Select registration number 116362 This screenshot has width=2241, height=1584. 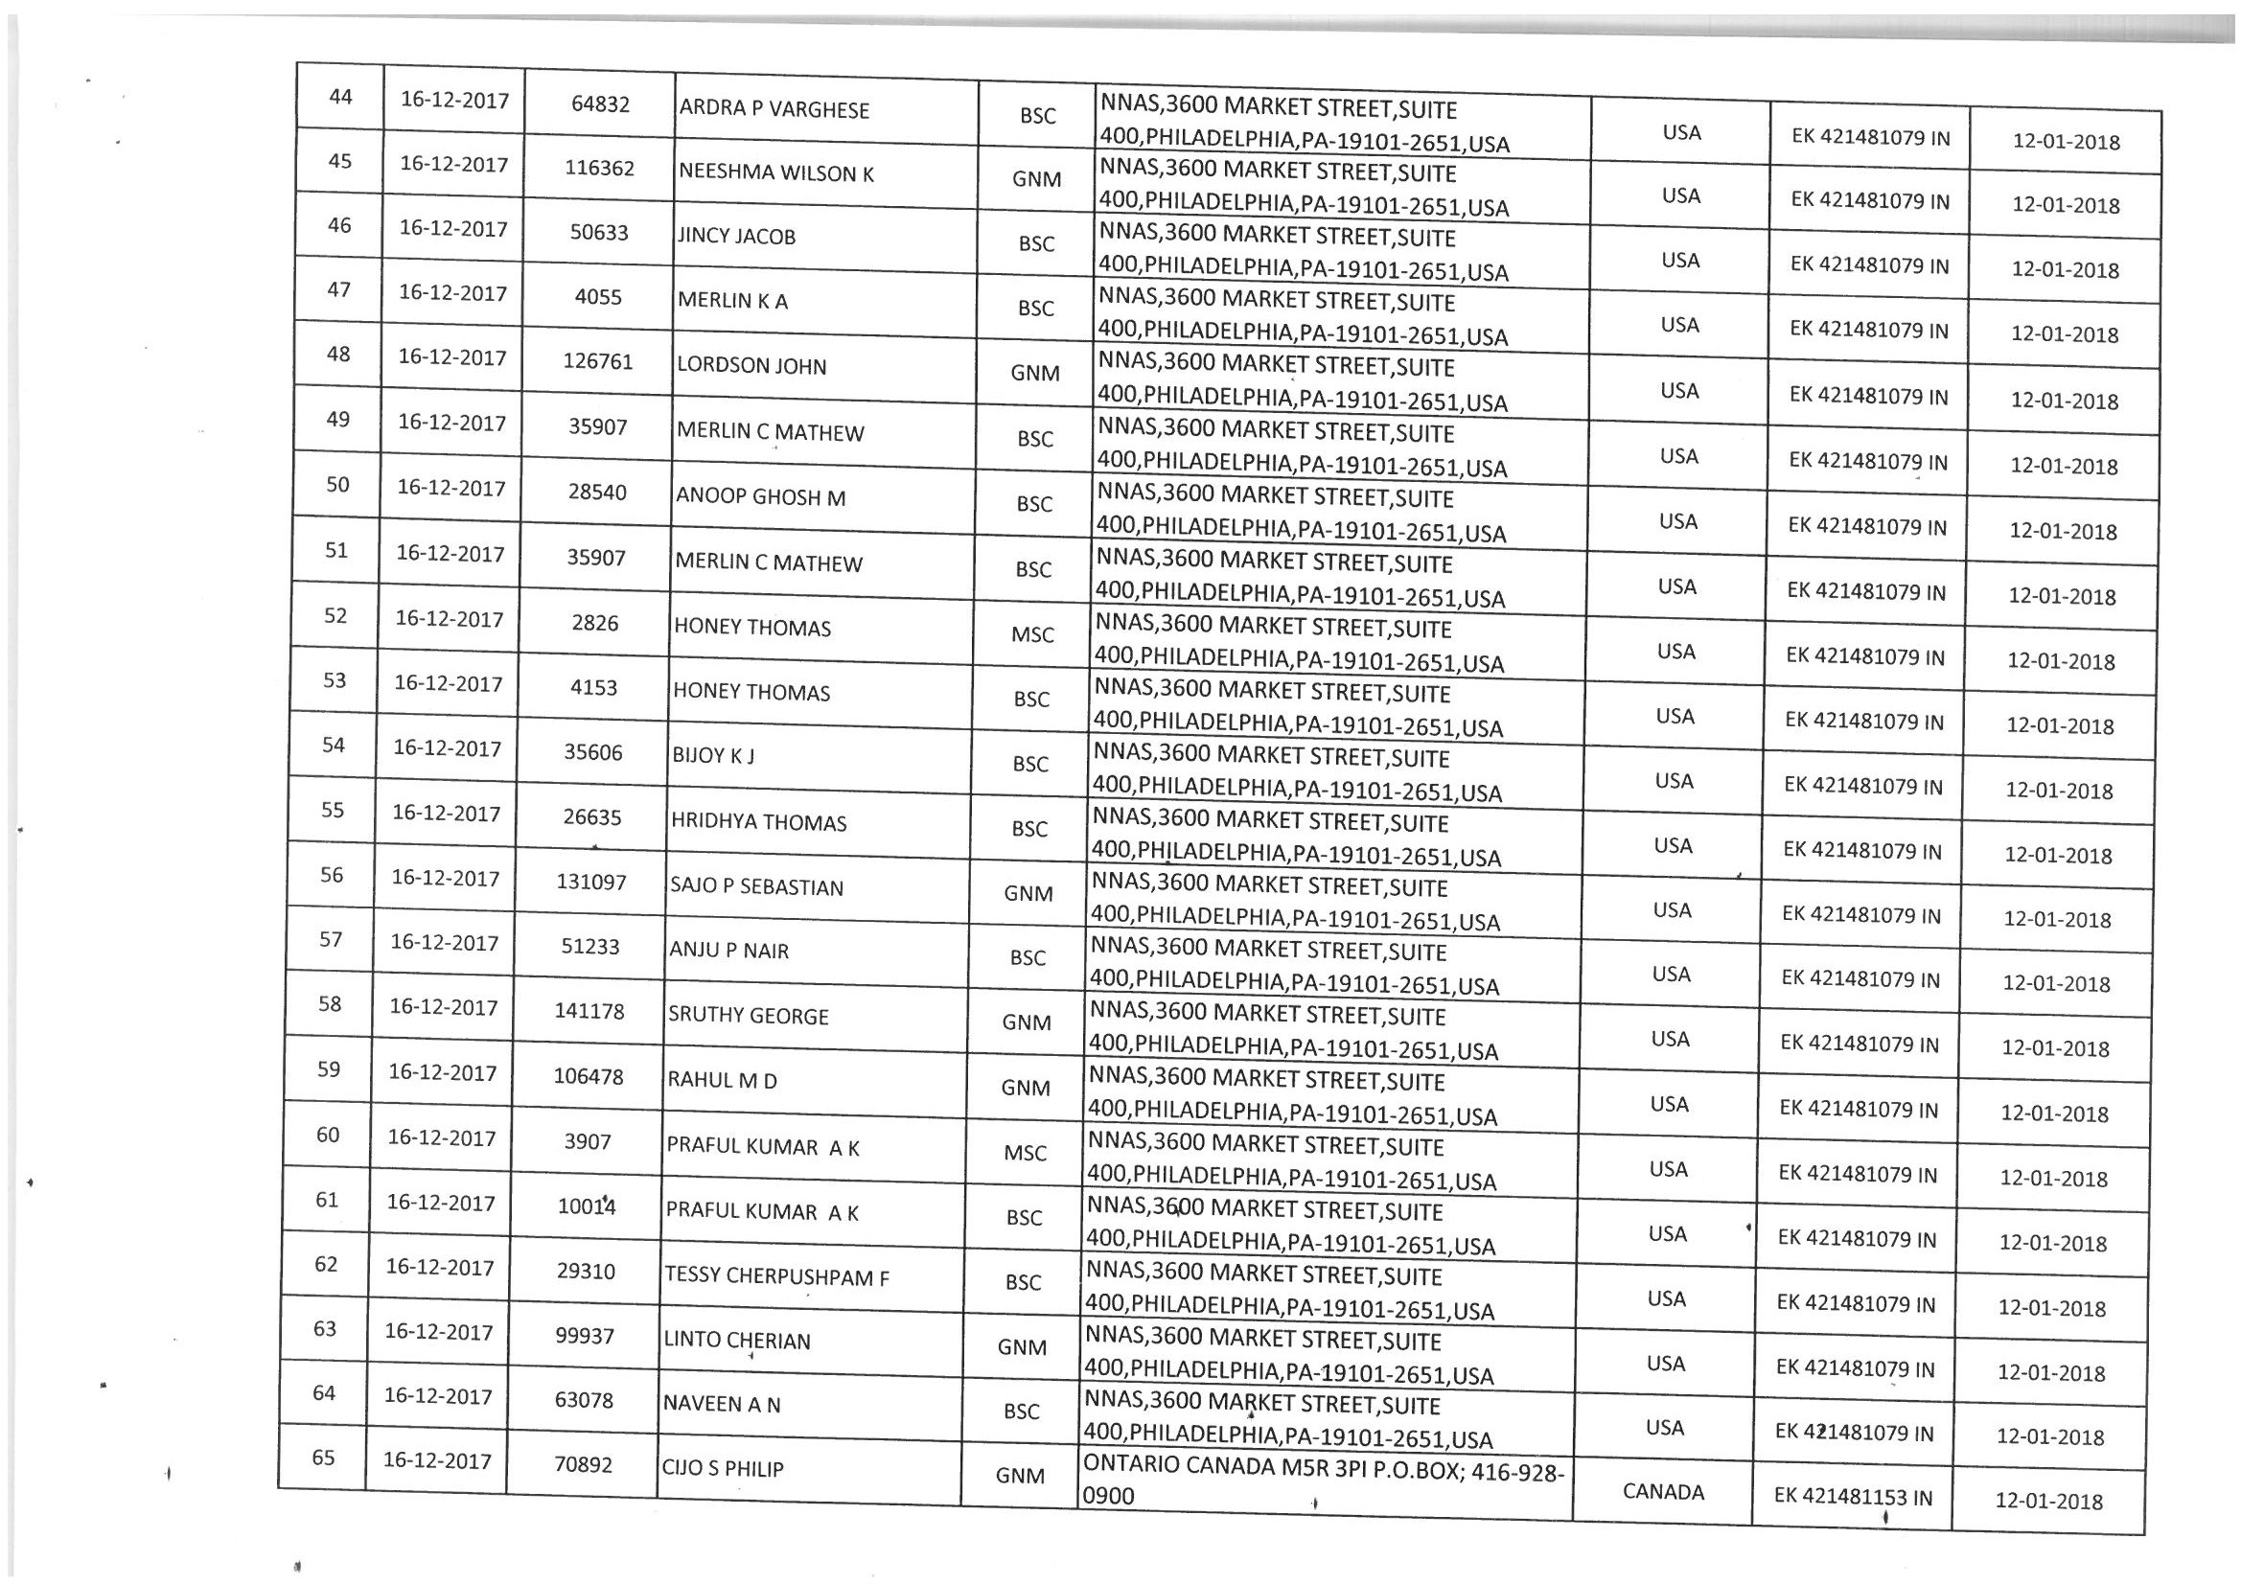point(598,168)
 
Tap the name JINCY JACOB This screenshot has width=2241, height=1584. point(736,237)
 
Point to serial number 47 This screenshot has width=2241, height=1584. point(338,289)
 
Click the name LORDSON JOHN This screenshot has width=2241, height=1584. point(751,367)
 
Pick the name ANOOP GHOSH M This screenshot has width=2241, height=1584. point(760,496)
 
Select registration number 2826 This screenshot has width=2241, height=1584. point(594,623)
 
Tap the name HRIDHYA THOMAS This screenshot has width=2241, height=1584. point(758,823)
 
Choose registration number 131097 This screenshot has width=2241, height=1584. point(590,883)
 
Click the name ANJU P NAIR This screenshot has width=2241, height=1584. point(728,951)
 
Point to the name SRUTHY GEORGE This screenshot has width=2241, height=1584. point(748,1016)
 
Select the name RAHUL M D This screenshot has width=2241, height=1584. point(722,1080)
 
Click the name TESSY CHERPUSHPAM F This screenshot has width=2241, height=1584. point(776,1276)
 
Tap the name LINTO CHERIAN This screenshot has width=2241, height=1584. point(737,1341)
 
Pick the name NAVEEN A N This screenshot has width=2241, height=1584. point(722,1405)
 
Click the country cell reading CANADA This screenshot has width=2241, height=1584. point(1662,1492)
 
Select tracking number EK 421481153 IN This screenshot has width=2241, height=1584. point(1853,1497)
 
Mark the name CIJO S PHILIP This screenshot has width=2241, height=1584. point(724,1469)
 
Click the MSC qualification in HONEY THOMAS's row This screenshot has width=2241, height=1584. point(1031,635)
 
